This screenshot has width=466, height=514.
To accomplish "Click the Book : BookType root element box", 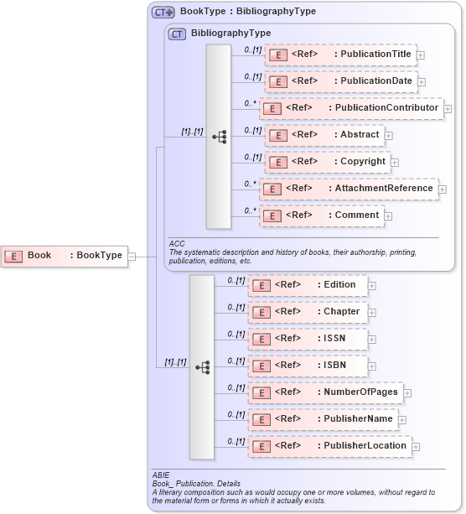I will pyautogui.click(x=64, y=256).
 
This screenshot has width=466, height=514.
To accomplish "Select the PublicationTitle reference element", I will pyautogui.click(x=340, y=55).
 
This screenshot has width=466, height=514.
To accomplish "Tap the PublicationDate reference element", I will pyautogui.click(x=340, y=81).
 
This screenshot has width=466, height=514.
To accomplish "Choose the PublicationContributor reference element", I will pyautogui.click(x=350, y=108).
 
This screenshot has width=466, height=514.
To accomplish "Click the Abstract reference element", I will pyautogui.click(x=324, y=135).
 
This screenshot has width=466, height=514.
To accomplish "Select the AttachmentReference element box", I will pyautogui.click(x=348, y=189).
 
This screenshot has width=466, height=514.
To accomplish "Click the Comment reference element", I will pyautogui.click(x=324, y=215).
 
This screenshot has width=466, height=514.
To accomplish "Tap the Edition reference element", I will pyautogui.click(x=307, y=285).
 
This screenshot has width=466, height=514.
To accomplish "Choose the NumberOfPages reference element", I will pyautogui.click(x=325, y=392).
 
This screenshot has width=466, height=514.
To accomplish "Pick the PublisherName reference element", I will pyautogui.click(x=323, y=419).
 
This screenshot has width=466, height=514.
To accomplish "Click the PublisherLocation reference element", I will pyautogui.click(x=329, y=446).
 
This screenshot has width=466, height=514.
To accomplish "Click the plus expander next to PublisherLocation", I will pyautogui.click(x=416, y=447).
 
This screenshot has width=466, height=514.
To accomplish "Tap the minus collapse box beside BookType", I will pyautogui.click(x=132, y=256).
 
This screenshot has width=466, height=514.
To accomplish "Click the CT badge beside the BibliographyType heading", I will pyautogui.click(x=177, y=34).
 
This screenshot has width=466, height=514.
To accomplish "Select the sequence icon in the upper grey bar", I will pyautogui.click(x=219, y=136).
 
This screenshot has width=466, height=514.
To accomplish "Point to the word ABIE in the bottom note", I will pyautogui.click(x=160, y=475).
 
